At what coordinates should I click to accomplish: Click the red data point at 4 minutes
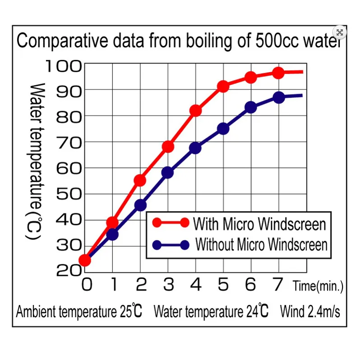tap(195, 111)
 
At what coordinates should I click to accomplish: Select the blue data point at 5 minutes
tap(223, 129)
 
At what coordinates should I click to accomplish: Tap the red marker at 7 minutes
tap(278, 73)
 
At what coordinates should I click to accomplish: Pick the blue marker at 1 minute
tap(112, 235)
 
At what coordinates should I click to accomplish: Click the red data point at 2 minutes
tap(140, 180)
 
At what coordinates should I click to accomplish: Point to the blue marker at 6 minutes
tap(251, 107)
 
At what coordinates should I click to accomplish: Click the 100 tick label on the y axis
tap(63, 66)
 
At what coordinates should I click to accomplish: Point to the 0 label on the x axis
tap(87, 285)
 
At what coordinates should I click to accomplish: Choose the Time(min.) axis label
tap(318, 286)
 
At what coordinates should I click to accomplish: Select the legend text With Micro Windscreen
tap(259, 223)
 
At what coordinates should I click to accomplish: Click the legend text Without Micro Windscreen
tap(261, 245)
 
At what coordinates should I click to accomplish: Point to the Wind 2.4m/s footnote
tap(310, 311)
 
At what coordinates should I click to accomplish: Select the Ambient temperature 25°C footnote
tap(79, 311)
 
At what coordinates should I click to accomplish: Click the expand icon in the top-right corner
tap(340, 32)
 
